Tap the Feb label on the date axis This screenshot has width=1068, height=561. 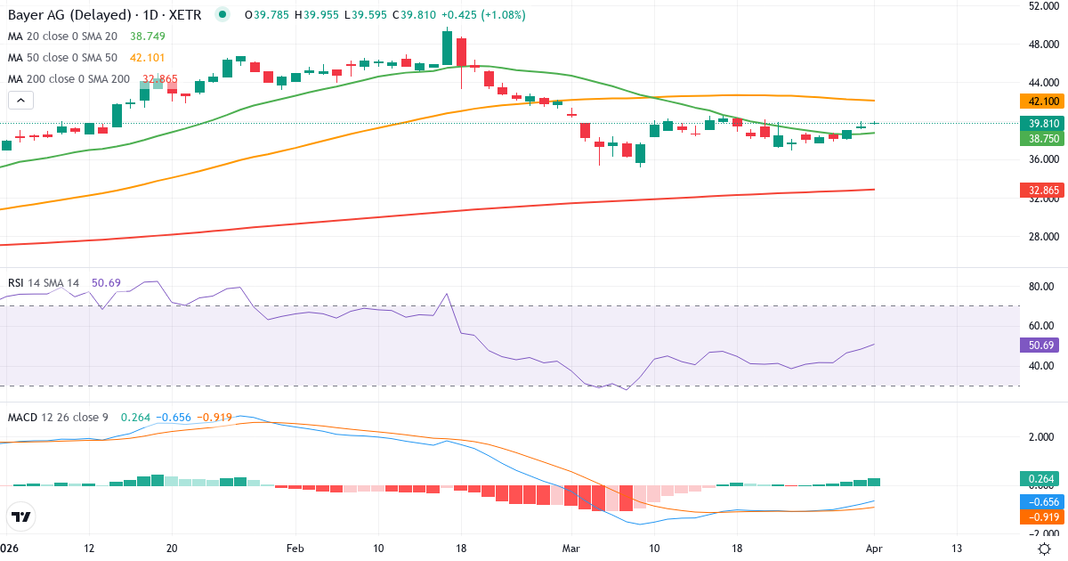(x=295, y=547)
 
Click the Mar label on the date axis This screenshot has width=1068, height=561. (x=570, y=547)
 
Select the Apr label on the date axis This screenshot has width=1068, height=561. (x=873, y=547)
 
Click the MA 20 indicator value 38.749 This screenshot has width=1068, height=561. (x=148, y=37)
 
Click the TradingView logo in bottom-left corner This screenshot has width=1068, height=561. (x=21, y=516)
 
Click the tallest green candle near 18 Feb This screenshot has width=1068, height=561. (x=447, y=47)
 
